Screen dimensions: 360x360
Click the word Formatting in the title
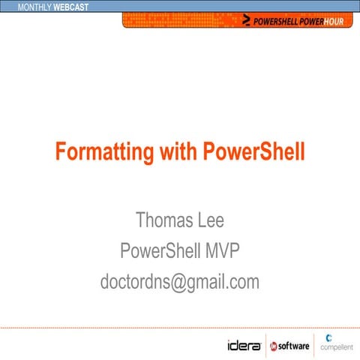point(103,152)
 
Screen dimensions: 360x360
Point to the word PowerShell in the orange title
point(254,152)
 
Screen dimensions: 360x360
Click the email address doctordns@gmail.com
point(180,282)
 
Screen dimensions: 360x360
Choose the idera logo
point(244,346)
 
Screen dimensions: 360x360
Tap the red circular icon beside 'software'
point(274,346)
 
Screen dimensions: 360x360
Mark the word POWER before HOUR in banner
point(314,20)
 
